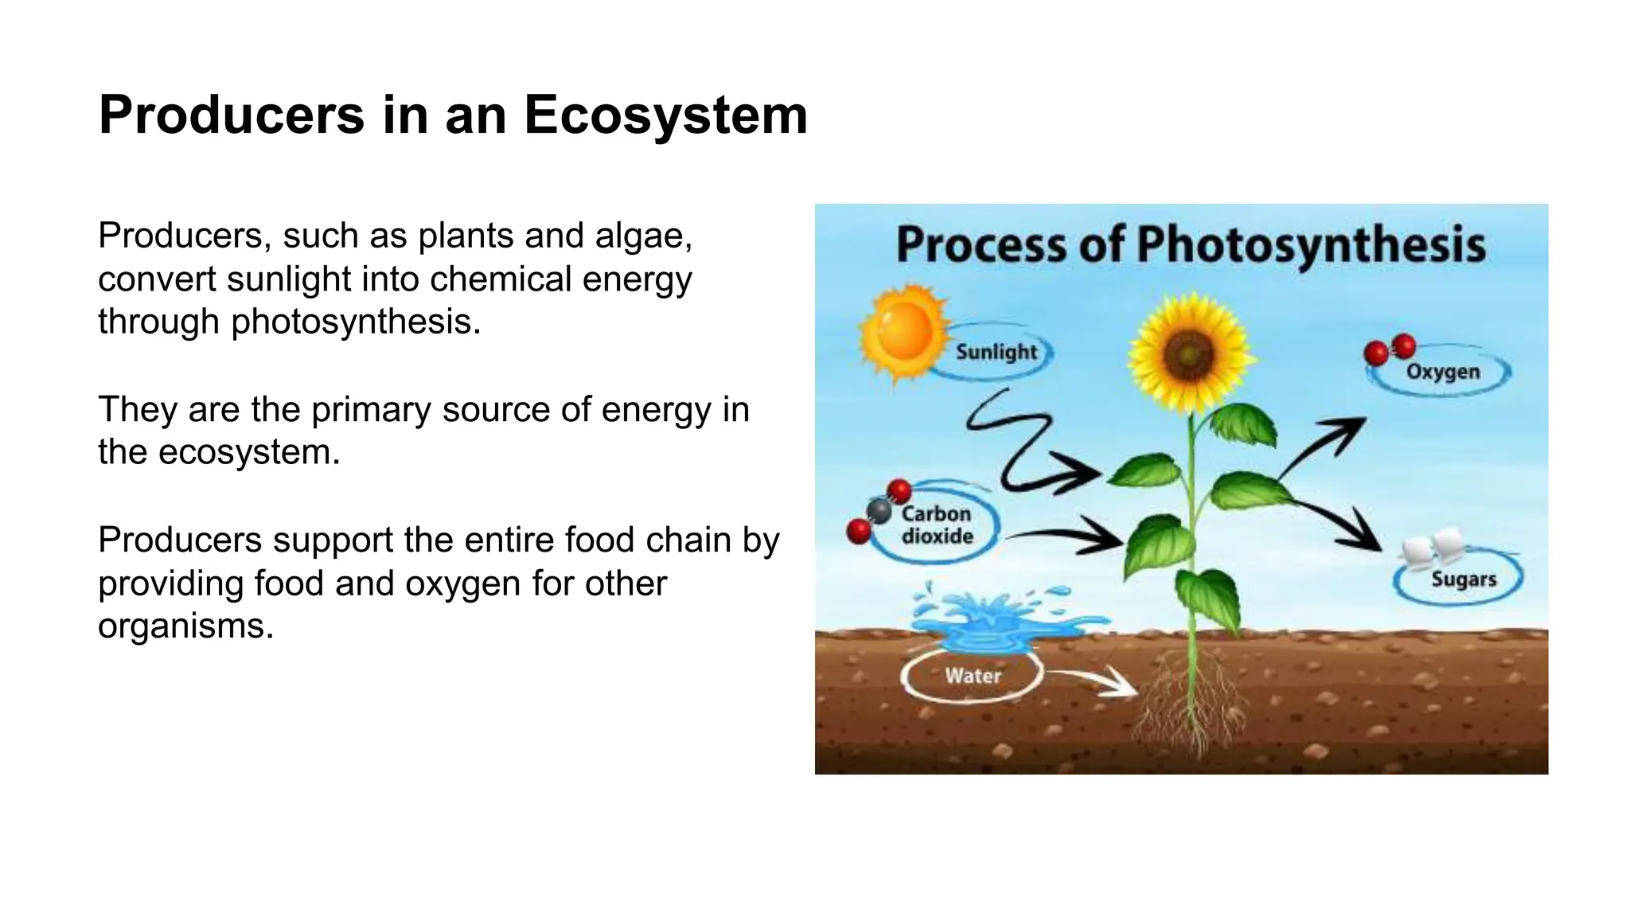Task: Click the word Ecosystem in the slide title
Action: click(665, 115)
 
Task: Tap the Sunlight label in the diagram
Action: click(996, 352)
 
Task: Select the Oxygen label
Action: click(1442, 372)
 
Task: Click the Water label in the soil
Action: click(973, 676)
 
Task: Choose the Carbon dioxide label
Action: click(937, 525)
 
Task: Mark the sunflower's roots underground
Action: click(1190, 700)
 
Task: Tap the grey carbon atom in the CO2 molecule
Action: click(879, 510)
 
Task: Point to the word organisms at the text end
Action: click(185, 626)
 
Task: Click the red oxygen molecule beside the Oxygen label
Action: click(1390, 349)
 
